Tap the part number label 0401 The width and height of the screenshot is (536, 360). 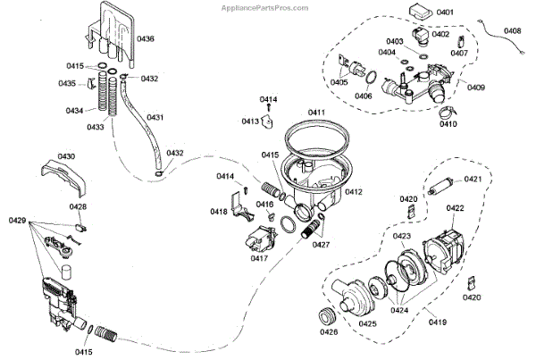coord(445,13)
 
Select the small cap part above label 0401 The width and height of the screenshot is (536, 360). coord(418,12)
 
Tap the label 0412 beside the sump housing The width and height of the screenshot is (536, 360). coord(354,192)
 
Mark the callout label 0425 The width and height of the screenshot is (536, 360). coord(367,325)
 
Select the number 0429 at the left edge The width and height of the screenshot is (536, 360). coord(18,220)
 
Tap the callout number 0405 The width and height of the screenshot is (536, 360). coord(338,82)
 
